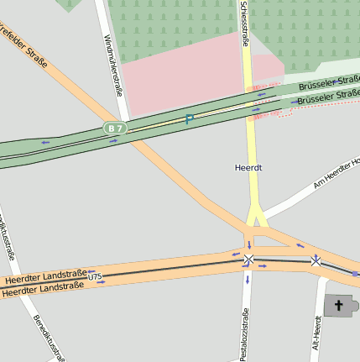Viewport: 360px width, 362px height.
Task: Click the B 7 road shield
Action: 115,128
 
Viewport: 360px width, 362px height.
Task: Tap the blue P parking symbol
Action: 189,119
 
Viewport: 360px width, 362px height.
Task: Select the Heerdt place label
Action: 248,168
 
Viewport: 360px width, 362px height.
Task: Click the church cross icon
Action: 340,306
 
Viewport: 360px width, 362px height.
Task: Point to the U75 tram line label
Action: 94,276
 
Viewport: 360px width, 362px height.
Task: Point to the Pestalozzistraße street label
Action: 245,334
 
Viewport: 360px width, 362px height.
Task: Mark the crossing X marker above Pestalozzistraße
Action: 248,260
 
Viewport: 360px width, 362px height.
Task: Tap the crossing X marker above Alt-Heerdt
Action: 316,261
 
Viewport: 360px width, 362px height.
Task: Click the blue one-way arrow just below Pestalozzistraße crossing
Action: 248,279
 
